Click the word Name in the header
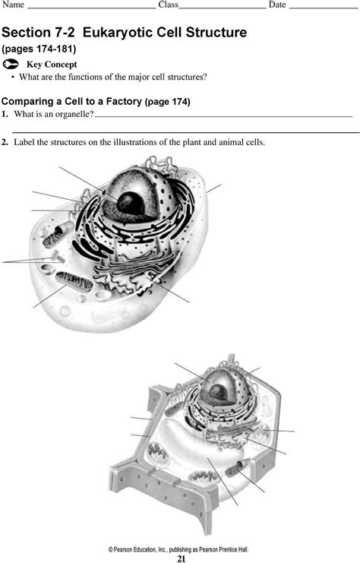coord(12,5)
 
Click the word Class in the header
coord(168,5)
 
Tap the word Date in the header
coord(277,5)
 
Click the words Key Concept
coord(52,65)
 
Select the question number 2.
coord(5,141)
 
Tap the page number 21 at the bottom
coord(182,558)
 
